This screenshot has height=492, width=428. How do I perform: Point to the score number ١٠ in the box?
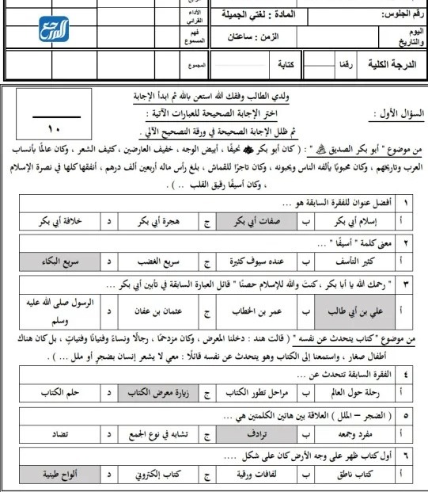tap(53, 128)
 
